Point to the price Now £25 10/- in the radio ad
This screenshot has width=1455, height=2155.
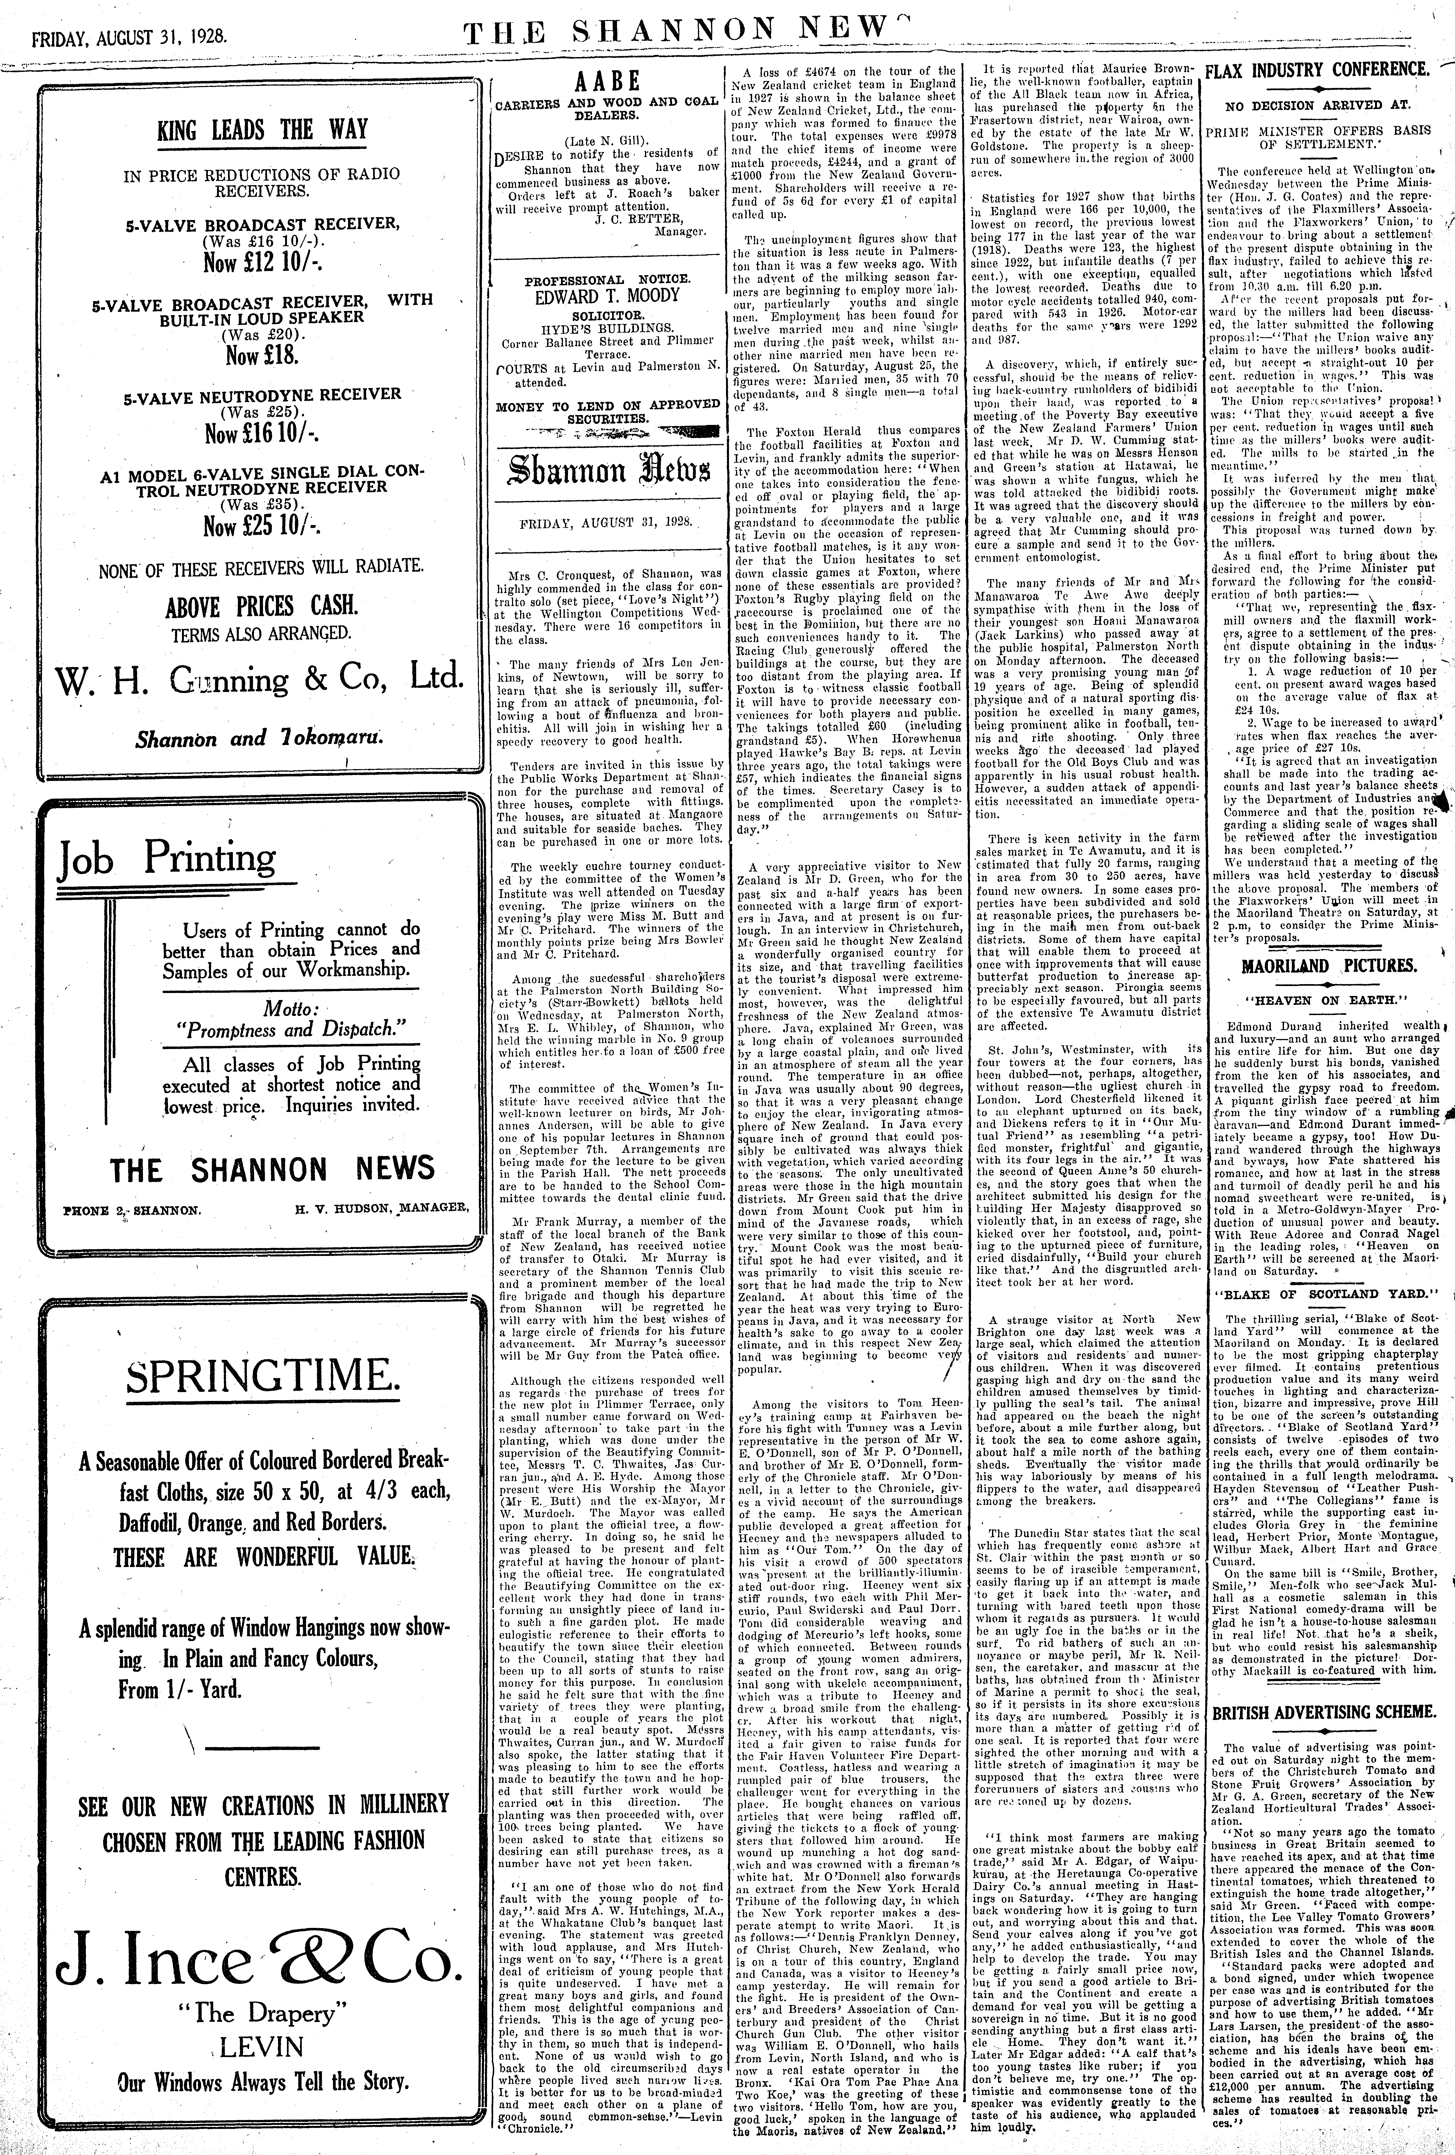click(x=261, y=527)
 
